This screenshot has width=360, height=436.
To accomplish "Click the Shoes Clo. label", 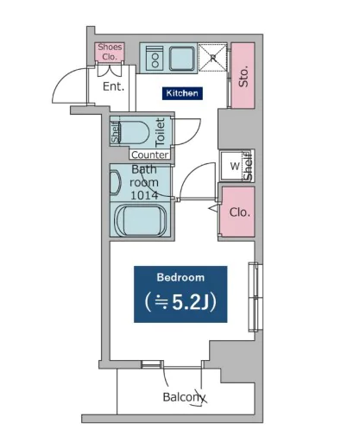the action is click(110, 52).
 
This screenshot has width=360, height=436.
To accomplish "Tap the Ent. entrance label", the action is click(113, 86).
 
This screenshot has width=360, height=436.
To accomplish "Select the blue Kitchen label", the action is click(182, 93).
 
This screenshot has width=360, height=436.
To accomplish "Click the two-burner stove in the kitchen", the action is click(155, 59).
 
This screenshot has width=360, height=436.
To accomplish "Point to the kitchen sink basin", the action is click(181, 59).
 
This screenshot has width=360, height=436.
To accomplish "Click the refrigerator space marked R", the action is click(213, 58).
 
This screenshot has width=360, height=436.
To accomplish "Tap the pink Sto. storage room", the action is click(243, 76).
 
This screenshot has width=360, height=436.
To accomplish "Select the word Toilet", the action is click(160, 132).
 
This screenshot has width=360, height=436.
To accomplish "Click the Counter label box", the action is click(150, 155).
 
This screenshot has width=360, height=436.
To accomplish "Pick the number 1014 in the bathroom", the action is click(144, 195).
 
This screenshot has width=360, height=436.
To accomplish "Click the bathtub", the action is click(141, 220).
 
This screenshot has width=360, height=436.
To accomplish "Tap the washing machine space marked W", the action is click(235, 166).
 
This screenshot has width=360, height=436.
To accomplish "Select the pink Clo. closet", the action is click(238, 212).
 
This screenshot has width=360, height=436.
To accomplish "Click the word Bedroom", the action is click(180, 277).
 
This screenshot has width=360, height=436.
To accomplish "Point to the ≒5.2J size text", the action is click(180, 302).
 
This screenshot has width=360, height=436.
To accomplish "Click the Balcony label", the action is click(184, 397).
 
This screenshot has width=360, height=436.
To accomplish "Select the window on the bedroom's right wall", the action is click(256, 297).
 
